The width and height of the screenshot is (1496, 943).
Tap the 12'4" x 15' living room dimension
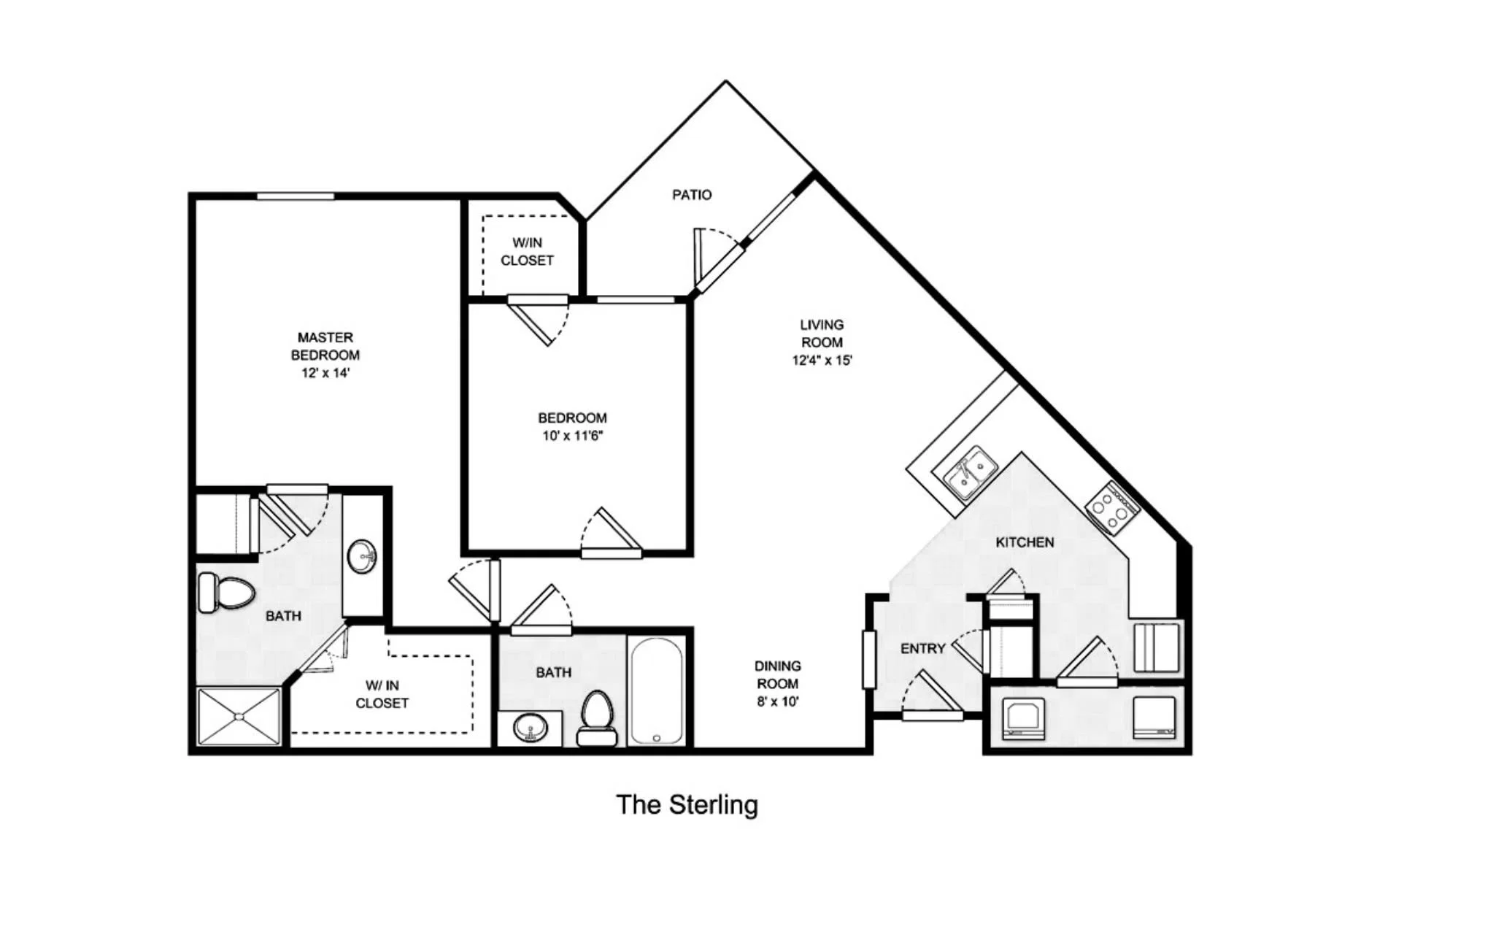(x=822, y=360)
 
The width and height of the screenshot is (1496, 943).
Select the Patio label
(x=692, y=195)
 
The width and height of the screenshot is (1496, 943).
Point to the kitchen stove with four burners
(x=1111, y=508)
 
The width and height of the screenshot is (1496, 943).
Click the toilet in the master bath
(x=225, y=593)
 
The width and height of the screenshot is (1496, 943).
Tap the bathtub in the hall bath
(x=657, y=691)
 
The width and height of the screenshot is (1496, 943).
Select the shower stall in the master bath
(x=239, y=717)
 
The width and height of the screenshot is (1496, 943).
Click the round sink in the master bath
(x=362, y=557)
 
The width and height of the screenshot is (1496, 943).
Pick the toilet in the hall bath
(x=597, y=718)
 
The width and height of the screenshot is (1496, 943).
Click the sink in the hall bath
(x=531, y=728)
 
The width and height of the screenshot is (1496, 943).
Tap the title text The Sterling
(x=687, y=805)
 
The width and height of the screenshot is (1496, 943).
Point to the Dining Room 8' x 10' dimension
(x=778, y=702)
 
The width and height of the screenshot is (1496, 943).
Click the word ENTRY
(x=923, y=648)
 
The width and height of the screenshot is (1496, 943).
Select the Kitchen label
(x=1025, y=542)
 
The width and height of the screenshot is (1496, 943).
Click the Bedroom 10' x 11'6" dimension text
(x=573, y=436)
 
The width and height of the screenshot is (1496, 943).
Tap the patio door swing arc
(x=724, y=235)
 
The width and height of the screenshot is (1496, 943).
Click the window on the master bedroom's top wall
(x=295, y=196)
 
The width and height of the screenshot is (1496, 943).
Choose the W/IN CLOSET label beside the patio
(x=527, y=252)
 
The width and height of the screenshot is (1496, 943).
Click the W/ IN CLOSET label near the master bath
(x=382, y=694)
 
